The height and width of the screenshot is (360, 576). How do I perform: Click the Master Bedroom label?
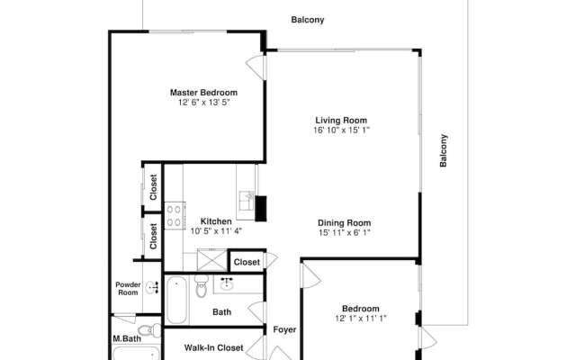[x=203, y=93]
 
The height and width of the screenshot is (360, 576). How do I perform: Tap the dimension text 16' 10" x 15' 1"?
[x=342, y=130]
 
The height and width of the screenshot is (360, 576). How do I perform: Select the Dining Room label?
[x=344, y=222]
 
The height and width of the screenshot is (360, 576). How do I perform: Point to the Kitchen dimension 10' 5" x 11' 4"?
[x=216, y=230]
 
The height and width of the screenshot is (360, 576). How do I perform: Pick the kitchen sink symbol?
[x=245, y=198]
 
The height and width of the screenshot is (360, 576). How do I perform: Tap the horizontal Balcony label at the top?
[x=308, y=20]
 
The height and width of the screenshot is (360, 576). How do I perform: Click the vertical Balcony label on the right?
[x=444, y=150]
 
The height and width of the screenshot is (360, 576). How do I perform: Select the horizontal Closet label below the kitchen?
[x=247, y=262]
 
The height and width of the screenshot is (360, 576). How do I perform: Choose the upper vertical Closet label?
[x=153, y=185]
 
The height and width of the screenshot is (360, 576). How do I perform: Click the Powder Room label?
[x=127, y=289]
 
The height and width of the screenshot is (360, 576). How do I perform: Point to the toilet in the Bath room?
[x=201, y=289]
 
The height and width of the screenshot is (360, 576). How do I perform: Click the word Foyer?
[x=284, y=329]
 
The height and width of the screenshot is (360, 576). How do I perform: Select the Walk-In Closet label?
[x=214, y=347]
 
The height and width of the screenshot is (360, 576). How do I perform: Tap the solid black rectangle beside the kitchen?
[x=261, y=208]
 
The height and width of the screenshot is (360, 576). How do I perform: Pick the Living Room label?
[x=341, y=120]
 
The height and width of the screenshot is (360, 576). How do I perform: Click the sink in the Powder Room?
[x=150, y=287]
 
